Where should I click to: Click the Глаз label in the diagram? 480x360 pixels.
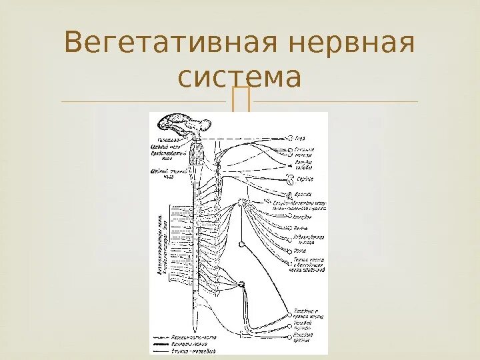(x=301, y=138)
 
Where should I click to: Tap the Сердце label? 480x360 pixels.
(x=305, y=179)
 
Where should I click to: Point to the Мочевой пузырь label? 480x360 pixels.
(x=305, y=325)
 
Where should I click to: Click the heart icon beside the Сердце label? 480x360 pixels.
(x=289, y=179)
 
